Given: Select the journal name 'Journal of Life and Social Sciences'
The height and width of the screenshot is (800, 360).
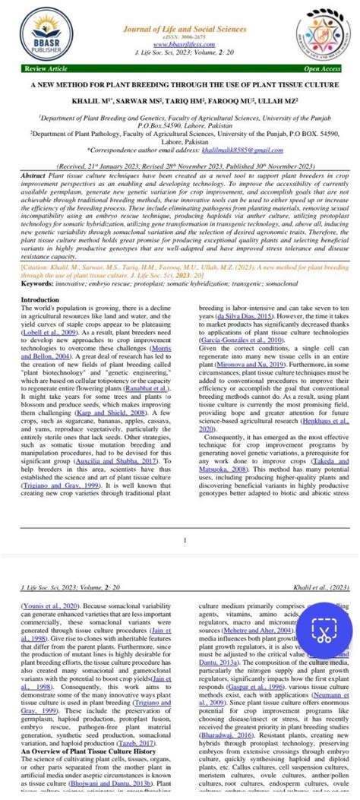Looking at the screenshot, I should tap(180, 28).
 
